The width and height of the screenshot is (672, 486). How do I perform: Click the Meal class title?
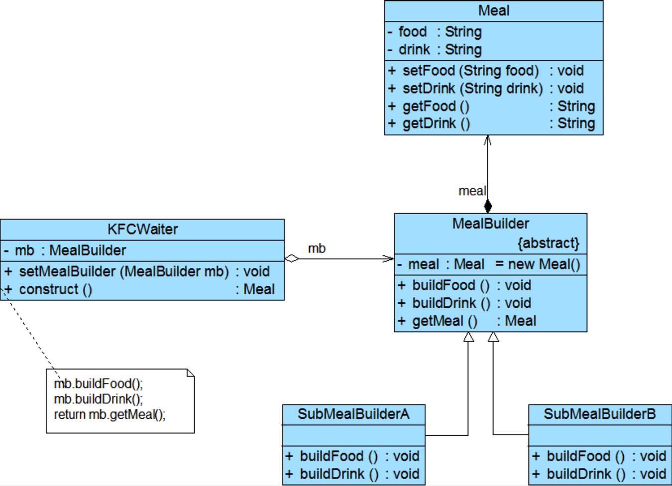pos(493,10)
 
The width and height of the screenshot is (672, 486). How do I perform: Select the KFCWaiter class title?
pos(142,229)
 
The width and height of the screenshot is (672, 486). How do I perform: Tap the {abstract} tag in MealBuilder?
pos(548,243)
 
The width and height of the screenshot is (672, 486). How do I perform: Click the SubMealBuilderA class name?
pos(353,414)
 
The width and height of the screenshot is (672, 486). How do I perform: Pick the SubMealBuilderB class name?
pos(599,414)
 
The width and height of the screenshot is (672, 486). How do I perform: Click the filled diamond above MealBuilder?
pos(488,206)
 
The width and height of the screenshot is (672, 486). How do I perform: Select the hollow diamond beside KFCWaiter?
pos(292,258)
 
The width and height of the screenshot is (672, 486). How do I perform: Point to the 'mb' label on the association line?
pos(317,248)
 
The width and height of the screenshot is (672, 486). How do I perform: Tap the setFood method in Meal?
pos(470,71)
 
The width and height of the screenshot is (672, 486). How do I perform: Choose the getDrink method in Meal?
pos(436,123)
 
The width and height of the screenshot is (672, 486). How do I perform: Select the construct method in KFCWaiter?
pos(55,289)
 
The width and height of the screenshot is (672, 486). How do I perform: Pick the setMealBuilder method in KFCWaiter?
pos(123,271)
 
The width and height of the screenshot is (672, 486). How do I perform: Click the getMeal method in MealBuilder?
pos(445,321)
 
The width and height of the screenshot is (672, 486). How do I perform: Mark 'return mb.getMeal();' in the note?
pos(110,414)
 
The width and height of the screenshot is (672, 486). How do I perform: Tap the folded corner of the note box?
pos(190,373)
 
